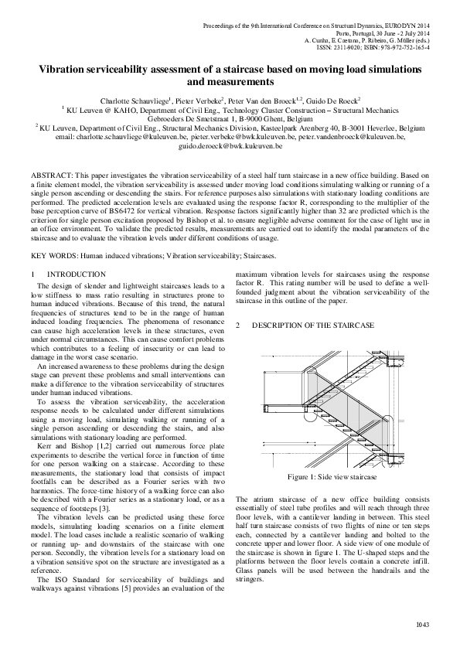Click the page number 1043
tap(422, 624)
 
